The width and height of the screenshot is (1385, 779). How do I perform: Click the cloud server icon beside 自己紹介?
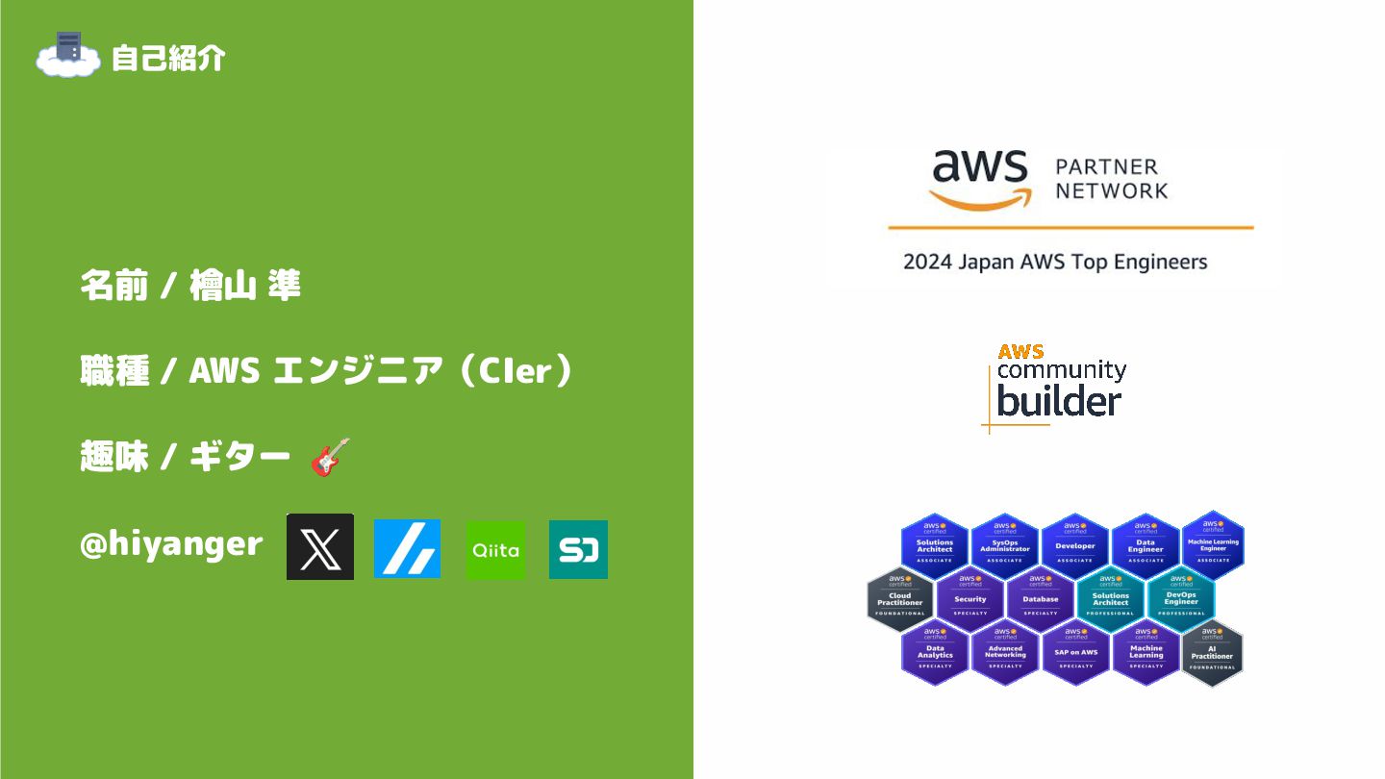coord(67,55)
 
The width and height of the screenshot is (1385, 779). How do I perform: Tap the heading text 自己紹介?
coord(167,58)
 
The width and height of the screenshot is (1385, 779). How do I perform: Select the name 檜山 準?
coord(245,286)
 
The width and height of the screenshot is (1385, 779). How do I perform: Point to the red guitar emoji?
coord(330,457)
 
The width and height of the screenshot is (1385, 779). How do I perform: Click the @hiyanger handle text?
coord(171,544)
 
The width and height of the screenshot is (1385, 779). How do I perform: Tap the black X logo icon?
coord(320,546)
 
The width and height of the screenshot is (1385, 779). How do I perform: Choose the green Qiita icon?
coord(496,549)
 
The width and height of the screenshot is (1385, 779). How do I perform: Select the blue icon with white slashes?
coord(407,548)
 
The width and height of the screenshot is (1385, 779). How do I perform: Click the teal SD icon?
coord(578,549)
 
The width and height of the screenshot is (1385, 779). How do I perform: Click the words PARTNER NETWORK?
coord(1111,179)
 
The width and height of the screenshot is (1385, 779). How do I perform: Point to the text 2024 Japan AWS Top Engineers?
coord(1055,262)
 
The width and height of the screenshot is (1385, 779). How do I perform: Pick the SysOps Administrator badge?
coord(1005,545)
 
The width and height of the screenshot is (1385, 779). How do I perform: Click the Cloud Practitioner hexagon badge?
coord(900,599)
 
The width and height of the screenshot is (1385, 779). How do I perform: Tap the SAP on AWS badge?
coord(1075,652)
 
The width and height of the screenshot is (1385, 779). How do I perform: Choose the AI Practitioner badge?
coord(1212,652)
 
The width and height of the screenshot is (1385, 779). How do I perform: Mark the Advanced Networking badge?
coord(1005,652)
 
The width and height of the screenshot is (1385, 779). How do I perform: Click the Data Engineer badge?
coord(1146,545)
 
